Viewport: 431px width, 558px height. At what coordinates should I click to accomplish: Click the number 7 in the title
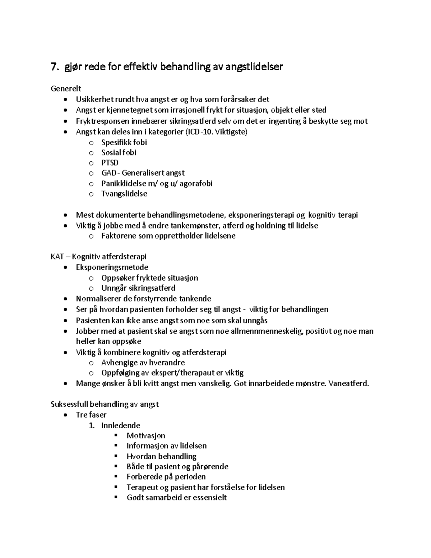coord(54,67)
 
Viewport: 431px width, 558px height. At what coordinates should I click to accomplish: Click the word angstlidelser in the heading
coord(254,67)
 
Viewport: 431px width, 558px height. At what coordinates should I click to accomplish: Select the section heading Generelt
coord(66,88)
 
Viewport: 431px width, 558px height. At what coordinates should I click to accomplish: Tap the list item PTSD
coord(110,163)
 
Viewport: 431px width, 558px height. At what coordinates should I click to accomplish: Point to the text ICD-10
coord(200,132)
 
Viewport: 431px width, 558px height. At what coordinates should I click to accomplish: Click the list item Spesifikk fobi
coord(124,142)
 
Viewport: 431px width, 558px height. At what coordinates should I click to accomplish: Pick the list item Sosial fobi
coord(119,153)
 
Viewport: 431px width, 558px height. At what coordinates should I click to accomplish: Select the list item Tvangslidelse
coord(124,194)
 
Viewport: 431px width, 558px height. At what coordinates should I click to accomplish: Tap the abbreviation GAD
coord(108,173)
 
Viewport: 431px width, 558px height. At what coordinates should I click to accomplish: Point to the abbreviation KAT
coord(57,257)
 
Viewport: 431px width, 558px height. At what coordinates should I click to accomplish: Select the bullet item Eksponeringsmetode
coord(112,267)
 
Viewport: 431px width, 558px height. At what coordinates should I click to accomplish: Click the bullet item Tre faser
coord(91,415)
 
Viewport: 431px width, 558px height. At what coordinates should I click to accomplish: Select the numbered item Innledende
coord(121,425)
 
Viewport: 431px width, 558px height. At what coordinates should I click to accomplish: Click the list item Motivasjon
coord(146,436)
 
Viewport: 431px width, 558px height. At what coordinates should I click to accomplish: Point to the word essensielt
coord(210,498)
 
